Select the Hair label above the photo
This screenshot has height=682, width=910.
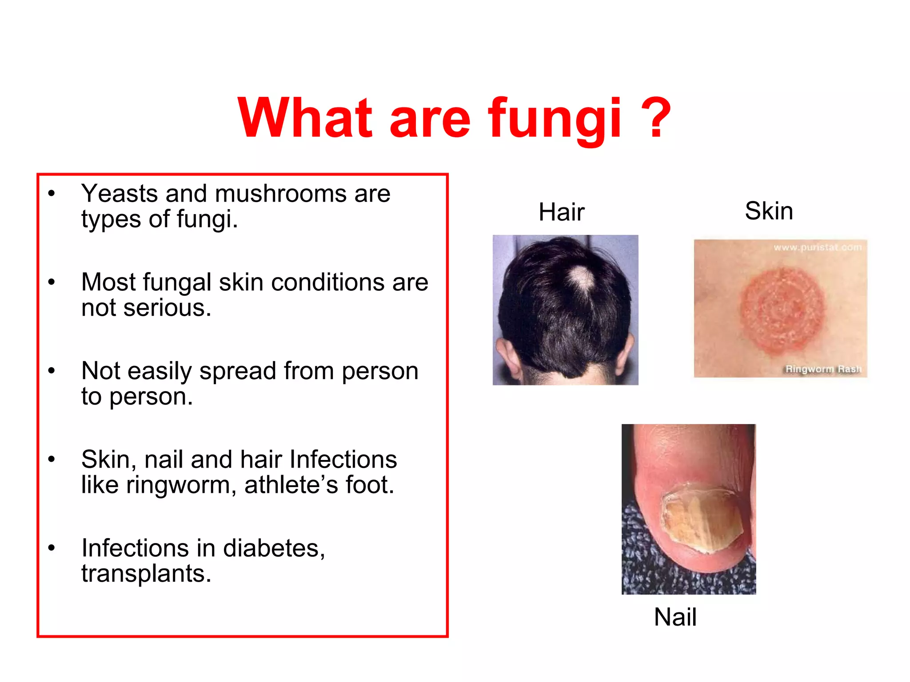click(x=561, y=212)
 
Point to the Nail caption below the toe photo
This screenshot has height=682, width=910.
click(x=675, y=617)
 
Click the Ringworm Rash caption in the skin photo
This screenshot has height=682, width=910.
click(x=823, y=369)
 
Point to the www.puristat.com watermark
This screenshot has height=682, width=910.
click(x=817, y=247)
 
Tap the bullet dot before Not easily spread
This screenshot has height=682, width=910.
click(x=52, y=370)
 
